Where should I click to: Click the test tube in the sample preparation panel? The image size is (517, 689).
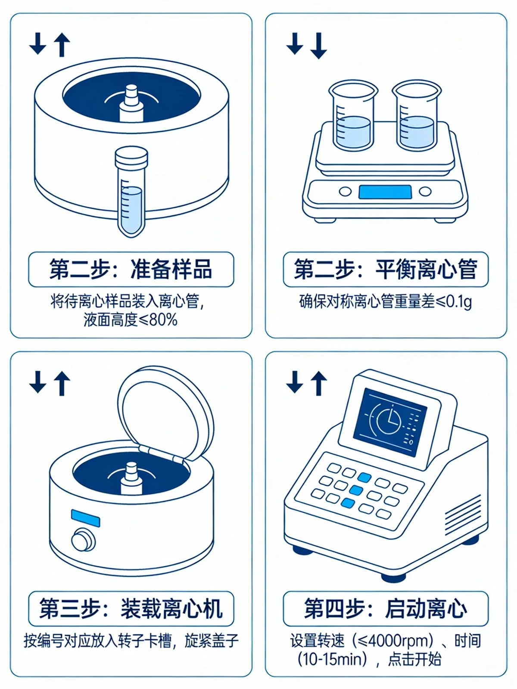pos(131,192)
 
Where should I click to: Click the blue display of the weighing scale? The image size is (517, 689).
pos(385,192)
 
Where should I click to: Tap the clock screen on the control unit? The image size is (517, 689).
pos(390,422)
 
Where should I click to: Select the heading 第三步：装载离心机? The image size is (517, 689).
pos(131,608)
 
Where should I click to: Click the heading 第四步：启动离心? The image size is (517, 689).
pos(386,608)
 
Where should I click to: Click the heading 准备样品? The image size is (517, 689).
pos(171,269)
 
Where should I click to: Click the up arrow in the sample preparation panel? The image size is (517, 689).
pos(62,44)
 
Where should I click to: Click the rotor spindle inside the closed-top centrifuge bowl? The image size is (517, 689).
pos(131,103)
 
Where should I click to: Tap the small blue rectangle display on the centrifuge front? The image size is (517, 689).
pos(85,518)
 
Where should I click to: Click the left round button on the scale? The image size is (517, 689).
pos(345,192)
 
